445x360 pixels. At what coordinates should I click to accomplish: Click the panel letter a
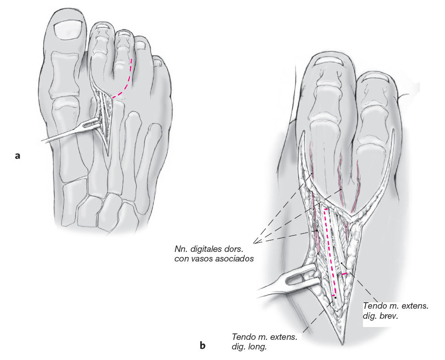[17, 156]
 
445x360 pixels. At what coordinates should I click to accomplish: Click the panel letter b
[203, 346]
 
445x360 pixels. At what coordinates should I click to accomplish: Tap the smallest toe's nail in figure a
[158, 59]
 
